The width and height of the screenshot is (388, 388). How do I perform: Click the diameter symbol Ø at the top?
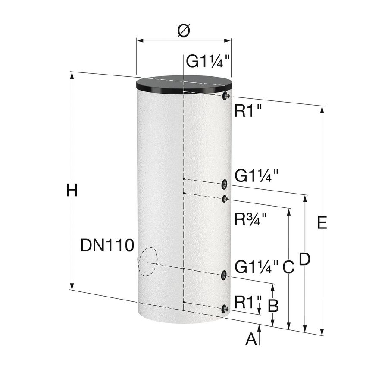tap(184, 31)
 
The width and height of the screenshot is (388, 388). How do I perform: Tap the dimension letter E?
tap(322, 222)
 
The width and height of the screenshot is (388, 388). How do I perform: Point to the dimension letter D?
tap(305, 259)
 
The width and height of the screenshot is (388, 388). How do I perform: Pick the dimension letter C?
tap(288, 267)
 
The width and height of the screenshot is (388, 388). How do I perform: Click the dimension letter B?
tap(273, 305)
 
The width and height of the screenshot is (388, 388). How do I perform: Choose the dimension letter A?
tap(251, 339)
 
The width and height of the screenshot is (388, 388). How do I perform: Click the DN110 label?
tap(107, 245)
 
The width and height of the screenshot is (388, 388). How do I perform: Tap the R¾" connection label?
tap(250, 219)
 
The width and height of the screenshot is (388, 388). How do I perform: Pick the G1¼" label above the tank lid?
tap(208, 61)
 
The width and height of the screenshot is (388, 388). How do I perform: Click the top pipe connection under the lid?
tap(226, 96)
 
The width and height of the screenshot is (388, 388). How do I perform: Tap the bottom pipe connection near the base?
tap(225, 309)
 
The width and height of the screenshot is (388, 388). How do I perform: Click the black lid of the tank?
tap(184, 84)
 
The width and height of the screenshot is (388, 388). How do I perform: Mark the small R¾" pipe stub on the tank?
tap(225, 199)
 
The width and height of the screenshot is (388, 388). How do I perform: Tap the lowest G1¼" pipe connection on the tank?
tap(224, 275)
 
